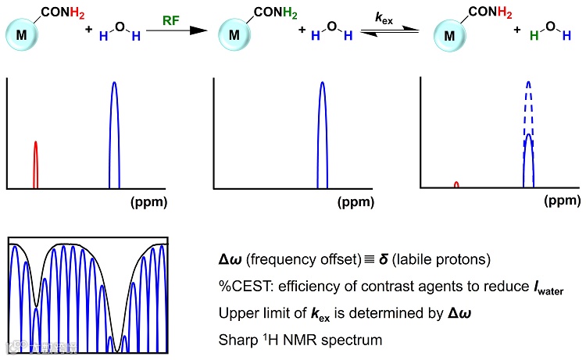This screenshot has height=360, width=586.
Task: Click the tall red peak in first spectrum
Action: click(x=35, y=164)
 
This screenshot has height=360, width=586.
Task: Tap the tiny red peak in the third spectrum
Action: click(x=456, y=184)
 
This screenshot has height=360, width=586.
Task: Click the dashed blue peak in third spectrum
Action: click(x=529, y=102)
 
